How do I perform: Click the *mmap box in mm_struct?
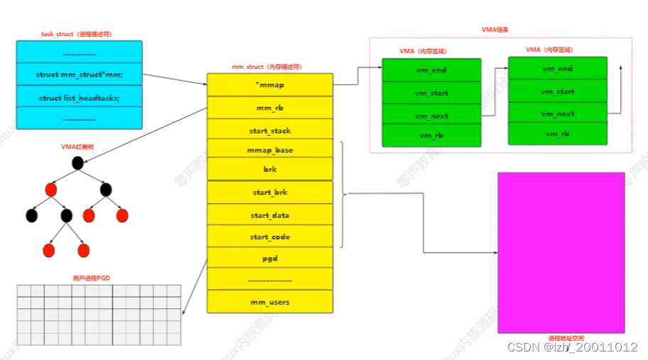pyautogui.click(x=269, y=84)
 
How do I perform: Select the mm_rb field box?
pyautogui.click(x=269, y=107)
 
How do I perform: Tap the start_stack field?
pyautogui.click(x=269, y=130)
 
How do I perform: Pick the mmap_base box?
pyautogui.click(x=269, y=150)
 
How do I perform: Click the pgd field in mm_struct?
pyautogui.click(x=269, y=258)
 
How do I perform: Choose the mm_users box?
pyautogui.click(x=269, y=302)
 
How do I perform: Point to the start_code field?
pyautogui.click(x=269, y=236)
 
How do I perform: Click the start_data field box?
pyautogui.click(x=269, y=215)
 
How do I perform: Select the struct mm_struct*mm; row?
pyautogui.click(x=79, y=74)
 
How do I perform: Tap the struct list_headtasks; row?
pyautogui.click(x=79, y=97)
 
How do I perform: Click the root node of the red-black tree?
pyautogui.click(x=78, y=163)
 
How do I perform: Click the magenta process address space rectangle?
pyautogui.click(x=561, y=252)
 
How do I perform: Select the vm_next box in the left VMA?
pyautogui.click(x=431, y=115)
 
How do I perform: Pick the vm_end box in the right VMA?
pyautogui.click(x=557, y=68)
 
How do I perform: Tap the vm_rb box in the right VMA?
pyautogui.click(x=557, y=133)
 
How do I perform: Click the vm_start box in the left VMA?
pyautogui.click(x=431, y=92)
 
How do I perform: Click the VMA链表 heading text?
pyautogui.click(x=495, y=30)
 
